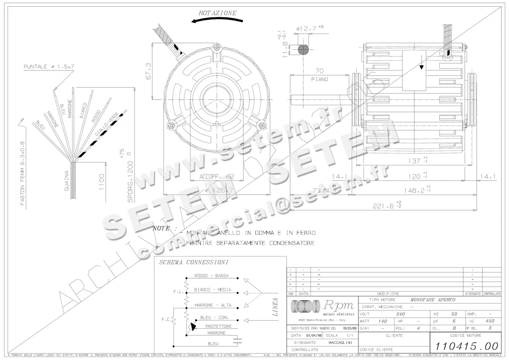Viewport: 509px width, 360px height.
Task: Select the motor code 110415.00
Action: pyautogui.click(x=465, y=345)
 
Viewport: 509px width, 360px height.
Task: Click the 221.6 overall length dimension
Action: pyautogui.click(x=386, y=206)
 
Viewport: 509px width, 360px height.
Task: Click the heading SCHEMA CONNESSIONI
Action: pyautogui.click(x=193, y=262)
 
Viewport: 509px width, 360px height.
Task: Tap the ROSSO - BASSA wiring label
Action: pyautogui.click(x=211, y=276)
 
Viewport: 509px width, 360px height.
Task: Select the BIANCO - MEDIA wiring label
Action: pyautogui.click(x=213, y=290)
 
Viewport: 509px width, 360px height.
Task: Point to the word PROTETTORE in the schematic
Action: pyautogui.click(x=218, y=326)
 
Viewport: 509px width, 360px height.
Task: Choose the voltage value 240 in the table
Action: pyautogui.click(x=400, y=314)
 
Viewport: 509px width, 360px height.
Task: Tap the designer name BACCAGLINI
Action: pyautogui.click(x=339, y=342)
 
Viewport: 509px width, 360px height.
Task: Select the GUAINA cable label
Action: pyautogui.click(x=66, y=180)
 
